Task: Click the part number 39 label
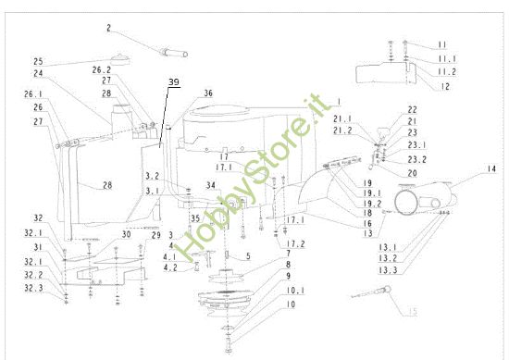tap(174, 82)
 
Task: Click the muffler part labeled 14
tap(427, 199)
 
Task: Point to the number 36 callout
tap(207, 93)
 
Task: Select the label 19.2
tap(346, 203)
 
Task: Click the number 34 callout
tap(211, 184)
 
